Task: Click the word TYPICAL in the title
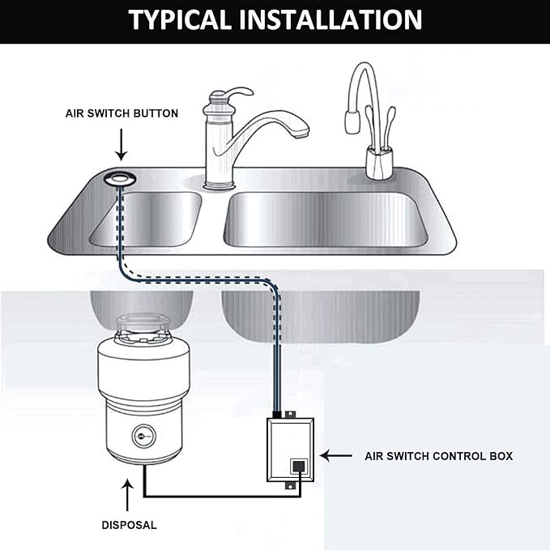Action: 182,19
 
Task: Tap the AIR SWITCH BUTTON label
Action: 122,113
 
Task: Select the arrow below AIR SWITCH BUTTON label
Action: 121,147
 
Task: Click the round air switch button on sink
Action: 121,177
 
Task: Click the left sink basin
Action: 146,217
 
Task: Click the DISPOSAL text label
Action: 129,525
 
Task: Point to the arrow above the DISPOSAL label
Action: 128,494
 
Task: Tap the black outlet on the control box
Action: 298,467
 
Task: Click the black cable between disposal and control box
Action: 219,496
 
